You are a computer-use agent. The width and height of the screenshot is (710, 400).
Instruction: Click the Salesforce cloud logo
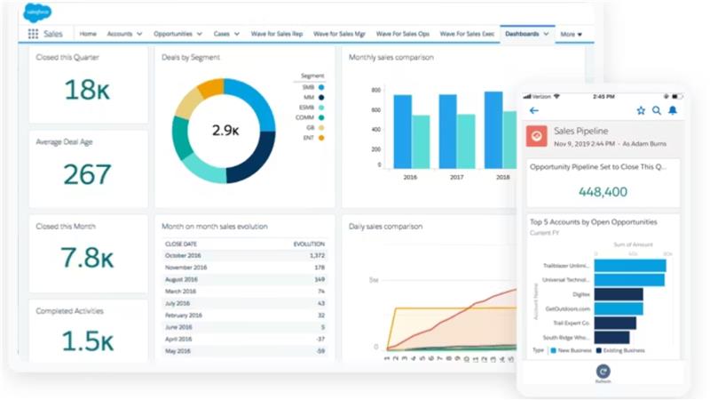click(38, 13)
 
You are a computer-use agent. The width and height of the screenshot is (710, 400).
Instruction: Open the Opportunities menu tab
click(177, 34)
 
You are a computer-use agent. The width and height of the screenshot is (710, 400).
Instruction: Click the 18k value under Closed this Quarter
click(87, 90)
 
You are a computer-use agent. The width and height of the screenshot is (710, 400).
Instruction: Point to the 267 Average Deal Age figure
click(87, 174)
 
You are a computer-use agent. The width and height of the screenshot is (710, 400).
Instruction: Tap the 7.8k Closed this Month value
click(87, 258)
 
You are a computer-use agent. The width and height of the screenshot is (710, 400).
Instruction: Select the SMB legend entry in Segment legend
click(312, 88)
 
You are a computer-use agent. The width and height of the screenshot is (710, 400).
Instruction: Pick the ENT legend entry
click(312, 138)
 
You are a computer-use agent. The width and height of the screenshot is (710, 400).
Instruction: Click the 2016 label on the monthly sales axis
click(410, 178)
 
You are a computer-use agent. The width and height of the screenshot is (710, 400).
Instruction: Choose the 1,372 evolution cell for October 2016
click(316, 256)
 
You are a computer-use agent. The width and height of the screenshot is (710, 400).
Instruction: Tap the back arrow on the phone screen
click(534, 111)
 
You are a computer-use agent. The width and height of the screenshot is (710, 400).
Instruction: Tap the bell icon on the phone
click(673, 111)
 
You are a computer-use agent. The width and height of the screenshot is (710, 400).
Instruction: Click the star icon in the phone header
click(641, 111)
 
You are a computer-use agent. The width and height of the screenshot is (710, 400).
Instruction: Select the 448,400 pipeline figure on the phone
click(603, 192)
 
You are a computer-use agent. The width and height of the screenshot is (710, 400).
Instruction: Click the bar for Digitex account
click(619, 294)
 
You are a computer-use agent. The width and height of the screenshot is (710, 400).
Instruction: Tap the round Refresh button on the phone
click(603, 373)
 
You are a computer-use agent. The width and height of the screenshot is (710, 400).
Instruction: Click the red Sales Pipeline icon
click(537, 135)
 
